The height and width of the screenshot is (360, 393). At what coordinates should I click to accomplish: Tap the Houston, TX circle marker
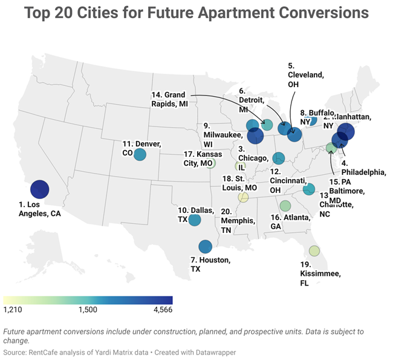[205, 246]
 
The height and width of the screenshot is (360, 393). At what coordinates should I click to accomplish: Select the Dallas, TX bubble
[194, 220]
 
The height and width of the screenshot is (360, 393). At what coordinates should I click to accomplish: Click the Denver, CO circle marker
[140, 154]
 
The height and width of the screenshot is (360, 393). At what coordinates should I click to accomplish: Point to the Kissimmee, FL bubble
[314, 250]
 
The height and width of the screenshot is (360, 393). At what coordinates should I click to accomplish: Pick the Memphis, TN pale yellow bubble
[243, 197]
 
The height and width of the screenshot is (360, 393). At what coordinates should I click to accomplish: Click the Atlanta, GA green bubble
[285, 206]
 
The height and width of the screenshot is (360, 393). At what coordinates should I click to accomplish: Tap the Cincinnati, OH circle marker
[278, 158]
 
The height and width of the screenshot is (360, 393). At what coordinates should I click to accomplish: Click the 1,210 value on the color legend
[13, 310]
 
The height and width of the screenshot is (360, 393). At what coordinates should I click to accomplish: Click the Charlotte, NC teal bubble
[308, 189]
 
